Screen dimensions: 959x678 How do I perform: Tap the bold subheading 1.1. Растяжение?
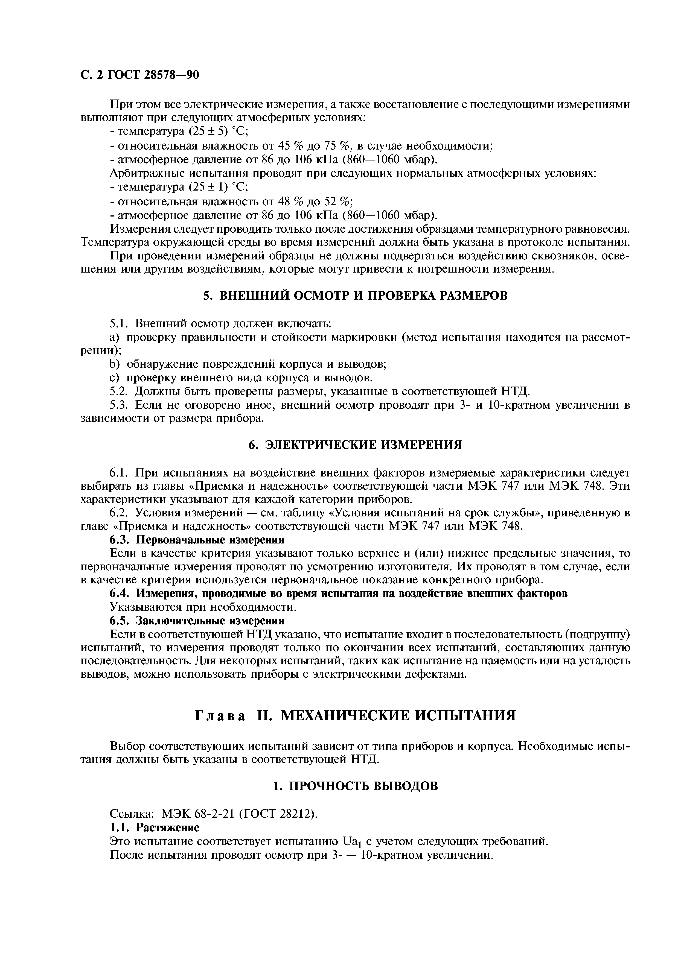coord(155,828)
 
